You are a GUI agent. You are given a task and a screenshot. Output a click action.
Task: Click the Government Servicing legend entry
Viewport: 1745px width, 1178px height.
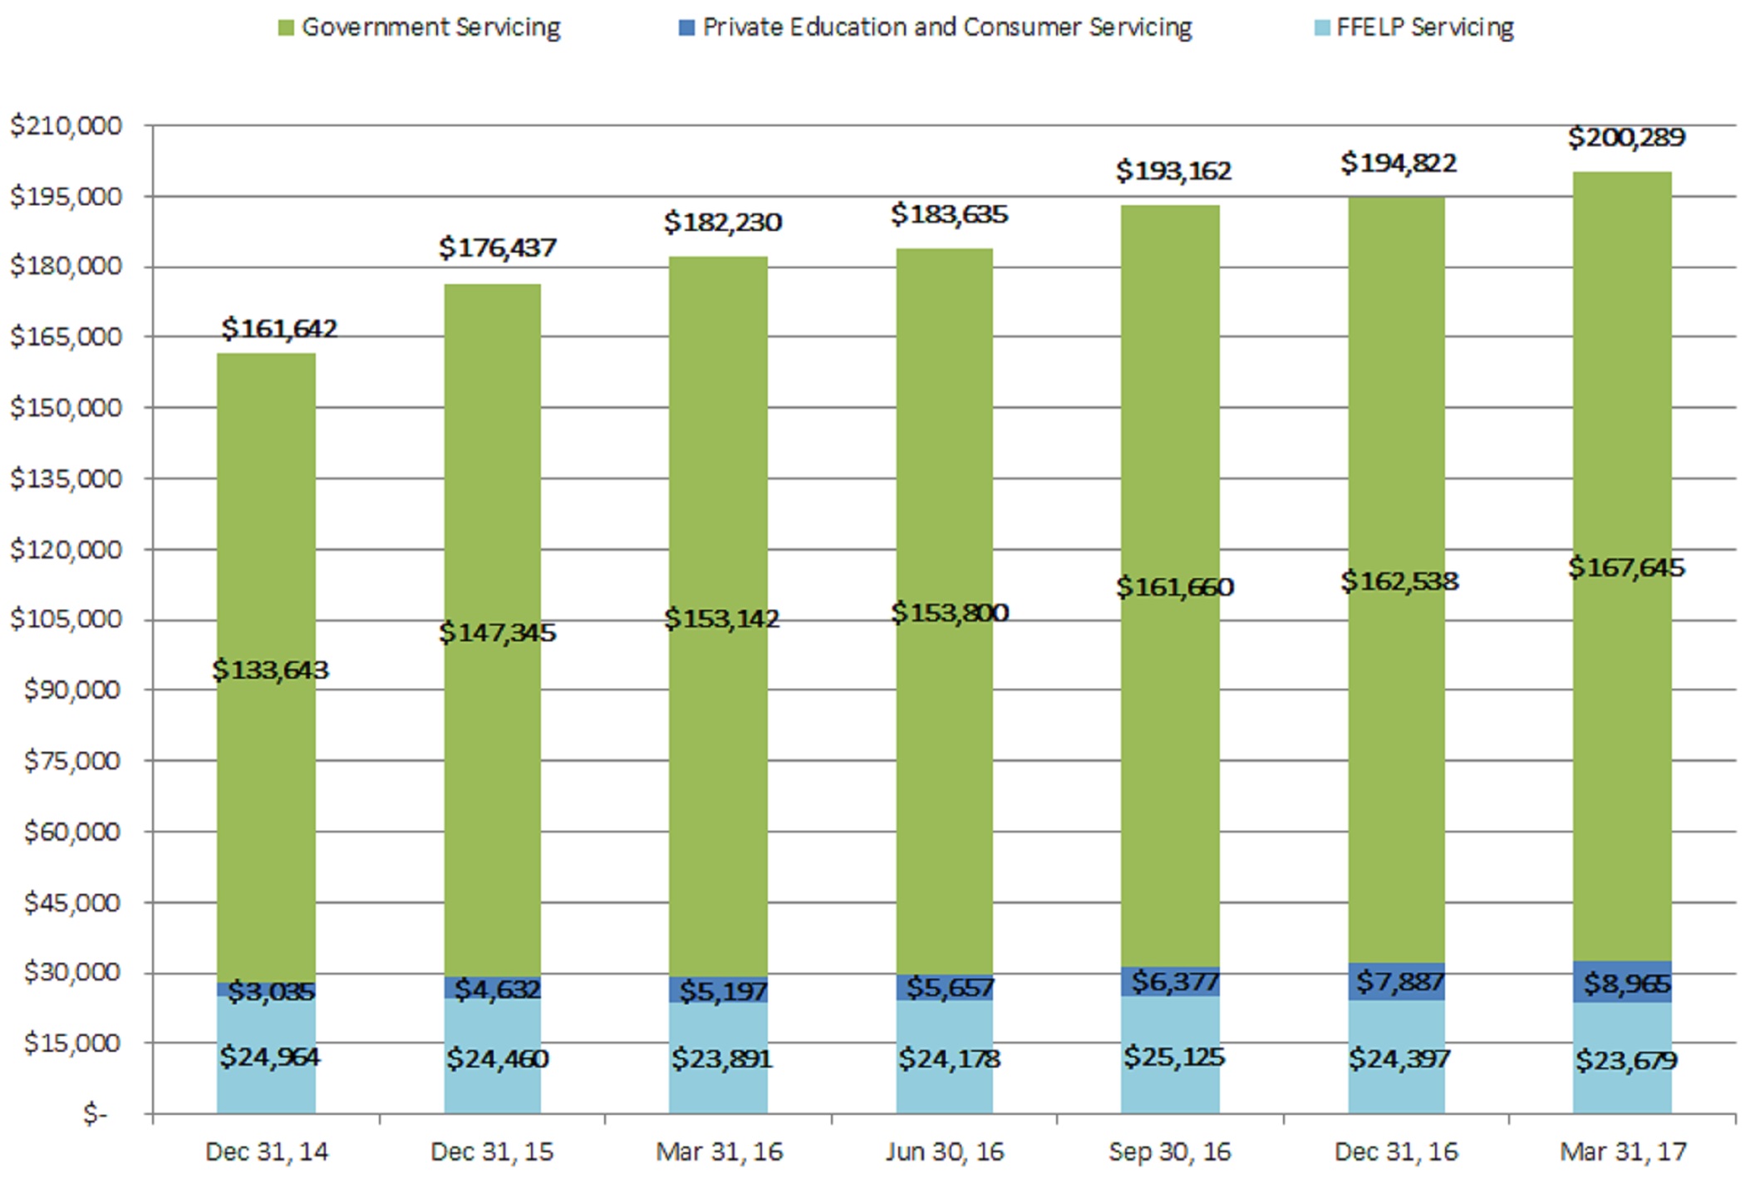tap(420, 27)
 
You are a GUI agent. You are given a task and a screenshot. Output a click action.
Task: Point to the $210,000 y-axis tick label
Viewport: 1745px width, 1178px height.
tap(66, 125)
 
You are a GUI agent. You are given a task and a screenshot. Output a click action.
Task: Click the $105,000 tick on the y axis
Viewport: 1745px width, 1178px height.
tap(66, 619)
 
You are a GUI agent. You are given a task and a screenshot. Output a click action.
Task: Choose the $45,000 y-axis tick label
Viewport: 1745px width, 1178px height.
tap(71, 902)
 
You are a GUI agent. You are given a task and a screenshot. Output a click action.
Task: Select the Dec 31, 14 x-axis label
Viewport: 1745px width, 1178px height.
tap(266, 1151)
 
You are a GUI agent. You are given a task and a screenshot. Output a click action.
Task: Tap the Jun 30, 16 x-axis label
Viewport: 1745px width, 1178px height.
tap(944, 1151)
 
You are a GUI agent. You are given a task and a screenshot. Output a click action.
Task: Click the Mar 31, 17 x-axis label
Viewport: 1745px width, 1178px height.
tap(1623, 1151)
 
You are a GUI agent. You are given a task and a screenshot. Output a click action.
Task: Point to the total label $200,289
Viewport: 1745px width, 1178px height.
tap(1626, 137)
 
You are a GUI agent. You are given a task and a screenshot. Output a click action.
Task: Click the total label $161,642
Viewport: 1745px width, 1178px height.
tap(279, 329)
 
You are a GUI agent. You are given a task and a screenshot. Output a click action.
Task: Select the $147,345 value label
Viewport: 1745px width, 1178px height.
tap(497, 633)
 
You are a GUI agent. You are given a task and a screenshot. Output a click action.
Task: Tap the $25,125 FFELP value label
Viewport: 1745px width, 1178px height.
tap(1173, 1057)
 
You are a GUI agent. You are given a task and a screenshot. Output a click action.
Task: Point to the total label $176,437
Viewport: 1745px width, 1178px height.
tap(497, 248)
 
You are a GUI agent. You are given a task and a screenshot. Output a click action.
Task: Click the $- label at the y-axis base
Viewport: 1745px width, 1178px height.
tap(95, 1113)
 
